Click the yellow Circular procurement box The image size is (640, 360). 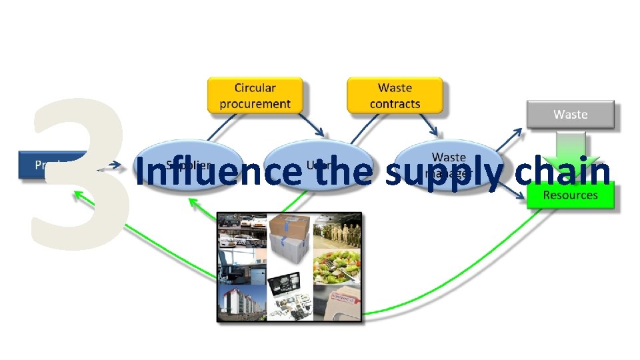(x=255, y=95)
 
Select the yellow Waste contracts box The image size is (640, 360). (x=395, y=95)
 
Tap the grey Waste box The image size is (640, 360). (x=570, y=114)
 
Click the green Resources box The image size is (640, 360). (x=570, y=195)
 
